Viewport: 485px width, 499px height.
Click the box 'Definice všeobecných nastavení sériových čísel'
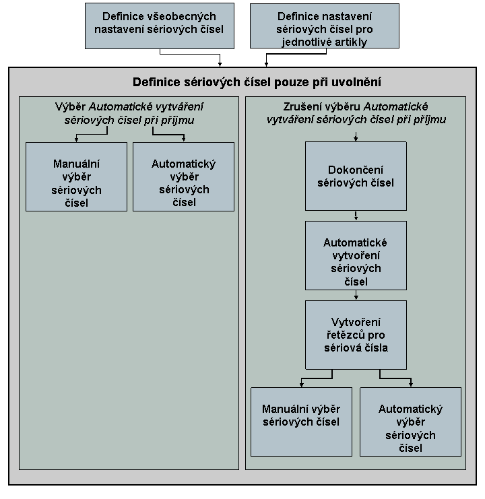160,26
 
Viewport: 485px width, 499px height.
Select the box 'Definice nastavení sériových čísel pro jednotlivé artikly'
325,26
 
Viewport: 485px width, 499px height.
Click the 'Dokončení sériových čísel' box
356,176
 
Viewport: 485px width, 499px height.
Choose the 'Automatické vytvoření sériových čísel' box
356,255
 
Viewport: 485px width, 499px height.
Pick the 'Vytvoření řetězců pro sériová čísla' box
356,335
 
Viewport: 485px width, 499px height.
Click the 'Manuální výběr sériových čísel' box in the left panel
76,176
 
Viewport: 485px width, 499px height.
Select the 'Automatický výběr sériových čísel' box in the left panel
184,176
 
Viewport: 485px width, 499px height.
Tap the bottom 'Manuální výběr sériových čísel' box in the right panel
301,422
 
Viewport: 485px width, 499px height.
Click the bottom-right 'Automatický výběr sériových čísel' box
410,422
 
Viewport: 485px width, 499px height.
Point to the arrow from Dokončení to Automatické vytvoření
356,215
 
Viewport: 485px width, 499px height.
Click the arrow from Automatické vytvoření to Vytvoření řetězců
356,296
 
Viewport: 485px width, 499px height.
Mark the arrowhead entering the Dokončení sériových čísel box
356,139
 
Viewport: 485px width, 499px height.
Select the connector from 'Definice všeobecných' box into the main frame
190,54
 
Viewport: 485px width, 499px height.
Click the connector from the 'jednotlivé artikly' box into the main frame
296,54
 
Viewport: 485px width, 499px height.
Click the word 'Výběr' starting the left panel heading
70,106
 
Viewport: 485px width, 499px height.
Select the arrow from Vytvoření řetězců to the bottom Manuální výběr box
317,378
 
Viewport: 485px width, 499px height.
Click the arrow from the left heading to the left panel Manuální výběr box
92,134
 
